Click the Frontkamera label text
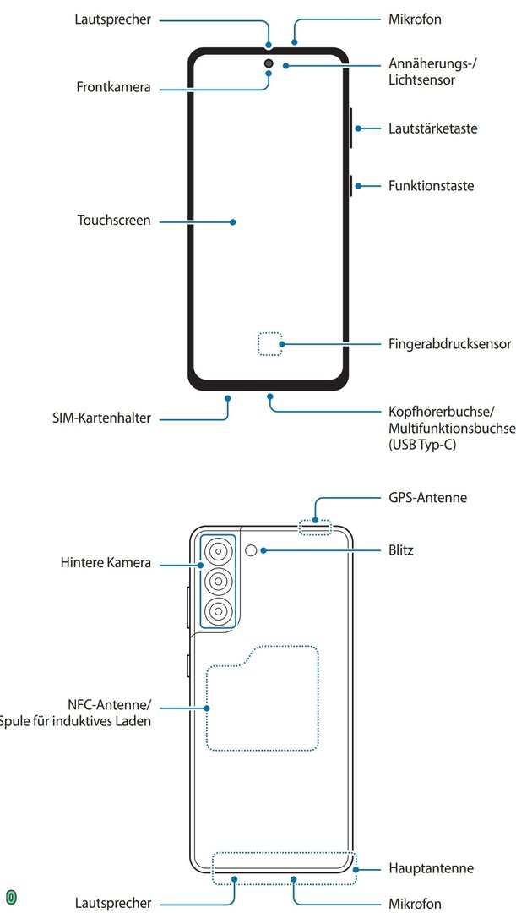coord(113,87)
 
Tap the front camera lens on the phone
coord(269,63)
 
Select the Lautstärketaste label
coord(432,129)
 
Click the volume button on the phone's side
coord(350,128)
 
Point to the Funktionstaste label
coord(431,185)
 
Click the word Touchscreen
coord(114,221)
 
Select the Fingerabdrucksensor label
coord(450,344)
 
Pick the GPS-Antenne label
coord(427,498)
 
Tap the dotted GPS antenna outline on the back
coord(316,528)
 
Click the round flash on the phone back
coord(252,551)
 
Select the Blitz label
coord(401,550)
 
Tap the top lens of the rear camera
coord(218,551)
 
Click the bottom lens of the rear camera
coord(218,611)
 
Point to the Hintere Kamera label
coord(106,563)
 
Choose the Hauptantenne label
coord(431,868)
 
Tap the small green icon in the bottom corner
coord(12,896)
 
